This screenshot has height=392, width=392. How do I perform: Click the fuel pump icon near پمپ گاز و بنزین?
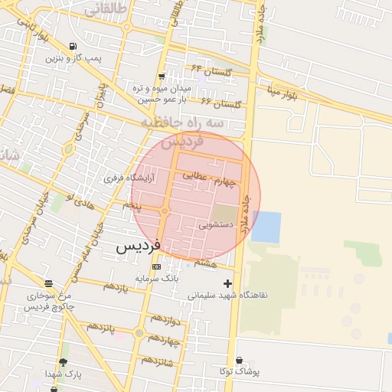coord(72,46)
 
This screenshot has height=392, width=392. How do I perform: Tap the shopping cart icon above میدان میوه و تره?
coord(162,77)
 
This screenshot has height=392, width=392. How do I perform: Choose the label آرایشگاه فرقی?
coord(129,178)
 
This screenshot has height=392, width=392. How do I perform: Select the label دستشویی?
coord(216,226)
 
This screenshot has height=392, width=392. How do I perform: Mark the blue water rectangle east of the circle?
coord(266,227)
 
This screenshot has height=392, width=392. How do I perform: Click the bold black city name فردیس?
coord(138,247)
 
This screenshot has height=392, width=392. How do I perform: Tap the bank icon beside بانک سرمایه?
coord(157,267)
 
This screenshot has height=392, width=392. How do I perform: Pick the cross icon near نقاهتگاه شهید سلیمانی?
coord(227,284)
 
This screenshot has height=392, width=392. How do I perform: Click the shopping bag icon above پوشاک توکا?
coord(239,361)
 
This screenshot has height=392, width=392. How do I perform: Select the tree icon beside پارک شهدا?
coord(64,362)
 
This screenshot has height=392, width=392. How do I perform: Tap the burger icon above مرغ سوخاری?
coord(48,283)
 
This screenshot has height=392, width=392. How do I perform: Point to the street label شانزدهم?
coord(157,360)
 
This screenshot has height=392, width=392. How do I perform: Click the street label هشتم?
coord(205,263)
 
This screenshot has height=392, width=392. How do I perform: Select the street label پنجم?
coord(132,206)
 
